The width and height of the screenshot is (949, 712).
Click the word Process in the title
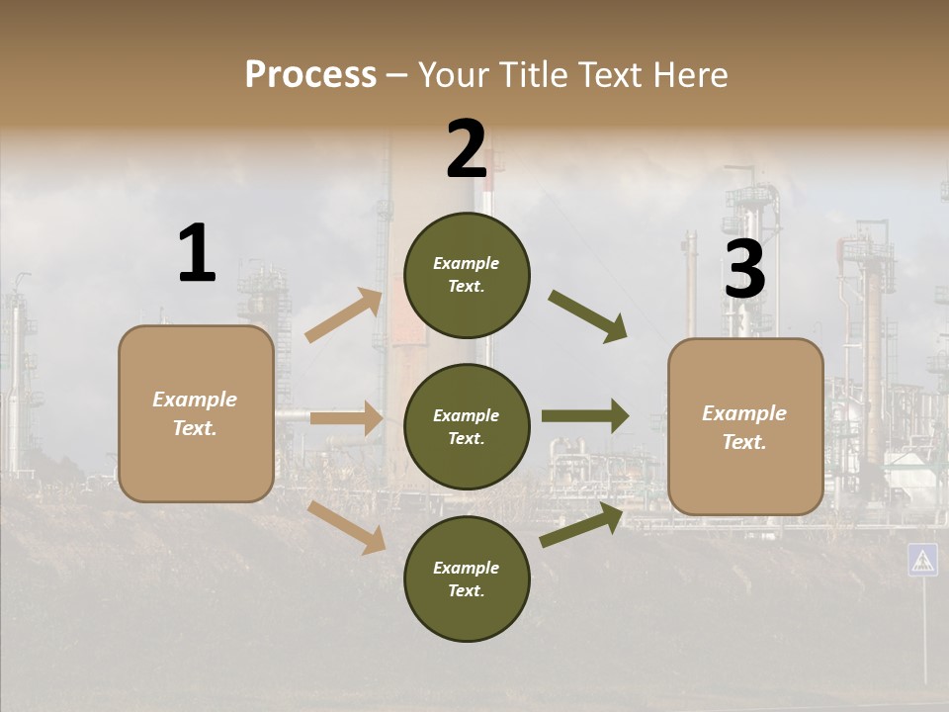click(310, 75)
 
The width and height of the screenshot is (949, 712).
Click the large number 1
click(197, 254)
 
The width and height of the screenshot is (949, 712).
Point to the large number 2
click(467, 150)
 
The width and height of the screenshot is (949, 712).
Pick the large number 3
click(744, 270)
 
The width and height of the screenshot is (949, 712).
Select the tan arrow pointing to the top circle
click(344, 315)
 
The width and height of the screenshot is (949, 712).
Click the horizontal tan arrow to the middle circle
click(346, 418)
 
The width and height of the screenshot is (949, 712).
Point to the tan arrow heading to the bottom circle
click(348, 526)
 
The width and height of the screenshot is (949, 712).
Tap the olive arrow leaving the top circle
click(588, 316)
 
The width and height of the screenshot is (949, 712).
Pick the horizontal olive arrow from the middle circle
click(585, 416)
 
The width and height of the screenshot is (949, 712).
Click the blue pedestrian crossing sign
click(922, 560)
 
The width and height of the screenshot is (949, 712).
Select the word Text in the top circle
click(467, 287)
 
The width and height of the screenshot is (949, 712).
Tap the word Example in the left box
click(195, 400)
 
